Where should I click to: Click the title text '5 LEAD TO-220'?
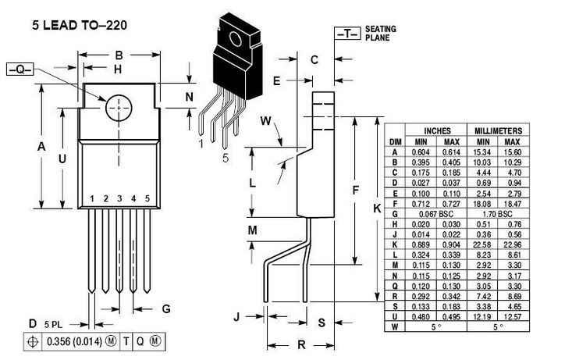(x=75, y=25)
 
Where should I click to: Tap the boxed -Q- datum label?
(x=20, y=70)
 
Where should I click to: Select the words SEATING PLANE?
(x=380, y=33)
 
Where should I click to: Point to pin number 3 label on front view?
(x=119, y=199)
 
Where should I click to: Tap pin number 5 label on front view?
(x=147, y=199)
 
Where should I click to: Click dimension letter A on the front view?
(x=42, y=147)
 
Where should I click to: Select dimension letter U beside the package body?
(x=62, y=158)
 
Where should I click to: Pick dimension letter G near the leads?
(x=165, y=308)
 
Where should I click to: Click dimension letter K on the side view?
(x=377, y=209)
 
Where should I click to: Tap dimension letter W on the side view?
(x=265, y=122)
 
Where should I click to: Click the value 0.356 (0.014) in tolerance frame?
(x=73, y=341)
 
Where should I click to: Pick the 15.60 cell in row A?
(x=512, y=152)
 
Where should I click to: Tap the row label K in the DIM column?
(x=395, y=244)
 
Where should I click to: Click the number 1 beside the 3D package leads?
(x=201, y=144)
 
